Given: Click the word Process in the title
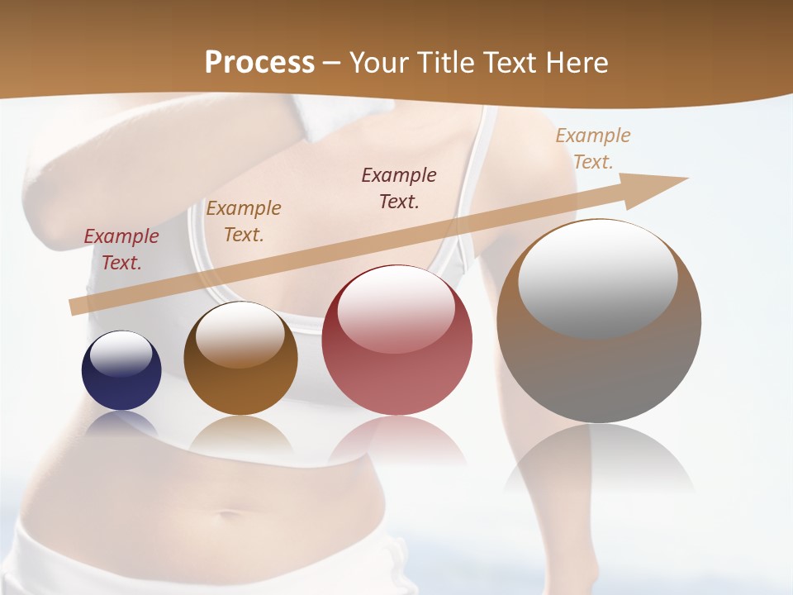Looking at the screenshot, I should (x=259, y=63).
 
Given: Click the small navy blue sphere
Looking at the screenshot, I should (x=121, y=370).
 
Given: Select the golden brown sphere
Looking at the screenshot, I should (x=240, y=359).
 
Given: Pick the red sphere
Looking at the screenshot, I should (x=396, y=340).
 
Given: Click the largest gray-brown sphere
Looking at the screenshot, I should (x=599, y=321).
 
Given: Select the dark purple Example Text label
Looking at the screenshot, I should (x=399, y=188).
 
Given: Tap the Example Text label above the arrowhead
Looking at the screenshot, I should (x=592, y=149).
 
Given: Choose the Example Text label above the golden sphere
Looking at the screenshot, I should (x=244, y=221).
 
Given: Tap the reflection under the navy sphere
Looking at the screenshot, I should (x=121, y=425).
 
